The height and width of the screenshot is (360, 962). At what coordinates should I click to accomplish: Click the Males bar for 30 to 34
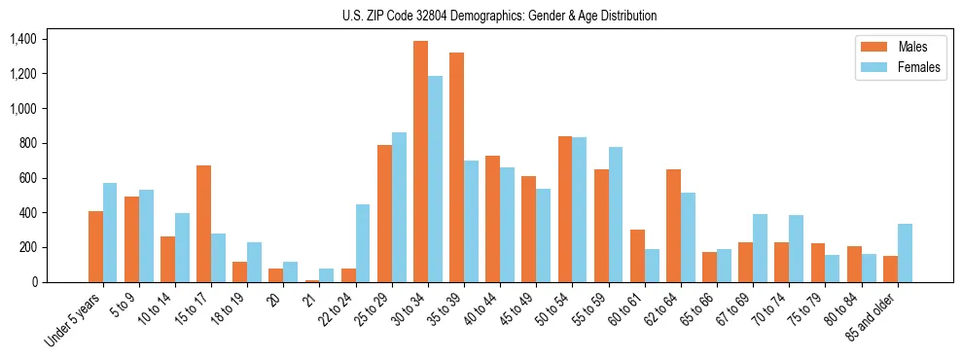coord(420,162)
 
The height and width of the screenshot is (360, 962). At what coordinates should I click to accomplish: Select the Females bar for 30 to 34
coord(435,179)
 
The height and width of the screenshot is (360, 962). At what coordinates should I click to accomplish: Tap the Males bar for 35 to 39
coord(456,167)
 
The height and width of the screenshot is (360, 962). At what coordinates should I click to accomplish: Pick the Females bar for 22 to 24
coord(363,243)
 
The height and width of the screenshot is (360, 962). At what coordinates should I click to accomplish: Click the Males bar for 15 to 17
coord(203,224)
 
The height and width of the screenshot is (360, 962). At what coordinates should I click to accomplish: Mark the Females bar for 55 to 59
coord(616,215)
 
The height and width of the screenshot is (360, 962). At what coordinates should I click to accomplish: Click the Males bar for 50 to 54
coord(565,209)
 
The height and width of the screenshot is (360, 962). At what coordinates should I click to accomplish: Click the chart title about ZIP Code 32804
coord(499,16)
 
